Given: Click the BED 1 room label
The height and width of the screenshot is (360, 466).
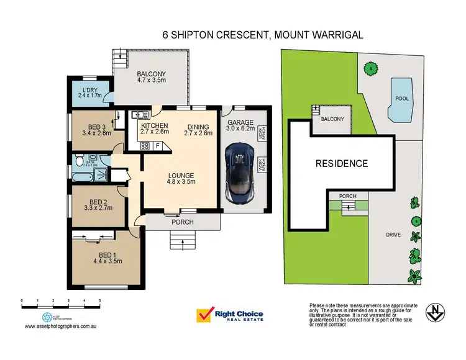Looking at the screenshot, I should tap(104, 256).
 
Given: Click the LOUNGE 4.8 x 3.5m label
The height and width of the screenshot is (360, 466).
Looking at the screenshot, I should tap(180, 178).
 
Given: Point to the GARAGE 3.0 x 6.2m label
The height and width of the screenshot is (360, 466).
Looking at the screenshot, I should tap(239, 126).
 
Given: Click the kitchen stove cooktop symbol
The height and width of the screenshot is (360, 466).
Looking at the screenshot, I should tap(145, 146).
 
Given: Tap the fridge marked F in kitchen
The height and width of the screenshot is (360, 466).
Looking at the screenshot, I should tap(158, 146).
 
